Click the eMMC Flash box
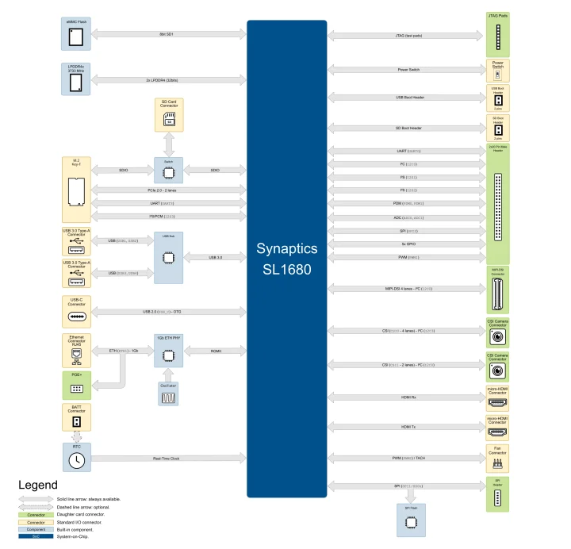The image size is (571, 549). (76, 34)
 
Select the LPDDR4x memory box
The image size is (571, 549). (76, 79)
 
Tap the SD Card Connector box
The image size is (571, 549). (168, 115)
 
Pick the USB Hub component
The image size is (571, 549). (168, 256)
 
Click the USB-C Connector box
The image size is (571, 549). (76, 312)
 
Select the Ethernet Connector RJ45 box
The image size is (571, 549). (76, 350)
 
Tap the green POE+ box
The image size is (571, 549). (76, 385)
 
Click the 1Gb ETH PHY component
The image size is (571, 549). (168, 350)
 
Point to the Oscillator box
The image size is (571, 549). (168, 394)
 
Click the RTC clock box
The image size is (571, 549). (76, 459)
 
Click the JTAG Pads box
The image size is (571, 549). (498, 34)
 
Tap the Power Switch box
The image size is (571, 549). (498, 70)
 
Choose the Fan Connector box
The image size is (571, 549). (498, 458)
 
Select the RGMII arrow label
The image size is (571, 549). (216, 350)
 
